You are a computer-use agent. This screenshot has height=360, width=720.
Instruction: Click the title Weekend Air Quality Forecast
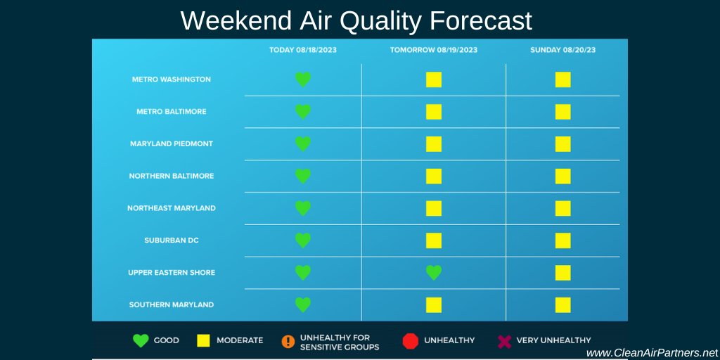[x=356, y=20]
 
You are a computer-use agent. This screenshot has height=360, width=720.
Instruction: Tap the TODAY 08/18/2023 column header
[x=303, y=50]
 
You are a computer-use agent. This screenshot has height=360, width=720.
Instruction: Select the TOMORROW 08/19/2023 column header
[x=434, y=50]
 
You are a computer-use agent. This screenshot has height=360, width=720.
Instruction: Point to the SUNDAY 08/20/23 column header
[x=562, y=50]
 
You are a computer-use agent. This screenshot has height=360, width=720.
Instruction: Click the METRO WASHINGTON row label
[x=172, y=79]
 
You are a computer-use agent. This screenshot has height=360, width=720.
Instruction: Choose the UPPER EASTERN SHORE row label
[x=172, y=273]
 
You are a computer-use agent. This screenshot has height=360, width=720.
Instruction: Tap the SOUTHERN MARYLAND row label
[x=172, y=305]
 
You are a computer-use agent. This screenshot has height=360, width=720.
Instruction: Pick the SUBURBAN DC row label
[x=172, y=240]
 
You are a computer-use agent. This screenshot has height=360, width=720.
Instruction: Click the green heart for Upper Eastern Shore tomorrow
[x=434, y=273]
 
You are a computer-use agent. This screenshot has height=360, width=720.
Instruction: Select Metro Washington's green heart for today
[x=303, y=79]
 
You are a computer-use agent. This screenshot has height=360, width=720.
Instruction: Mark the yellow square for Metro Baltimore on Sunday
[x=562, y=112]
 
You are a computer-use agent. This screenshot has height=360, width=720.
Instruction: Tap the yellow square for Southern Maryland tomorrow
[x=434, y=305]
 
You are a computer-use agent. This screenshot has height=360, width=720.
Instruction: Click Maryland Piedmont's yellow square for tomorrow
[x=434, y=144]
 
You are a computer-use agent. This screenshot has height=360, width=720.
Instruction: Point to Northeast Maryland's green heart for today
[x=303, y=208]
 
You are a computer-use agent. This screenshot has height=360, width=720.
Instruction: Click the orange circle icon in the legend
[x=288, y=341]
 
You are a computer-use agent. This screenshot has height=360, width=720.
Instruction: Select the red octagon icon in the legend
[x=410, y=341]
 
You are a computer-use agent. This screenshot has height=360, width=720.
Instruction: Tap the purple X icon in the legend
[x=504, y=341]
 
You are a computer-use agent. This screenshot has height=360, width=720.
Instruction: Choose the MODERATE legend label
[x=240, y=340]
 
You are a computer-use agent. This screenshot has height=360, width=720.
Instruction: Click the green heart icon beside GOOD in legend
[x=141, y=341]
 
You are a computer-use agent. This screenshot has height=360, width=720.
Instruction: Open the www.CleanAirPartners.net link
[x=652, y=352]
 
